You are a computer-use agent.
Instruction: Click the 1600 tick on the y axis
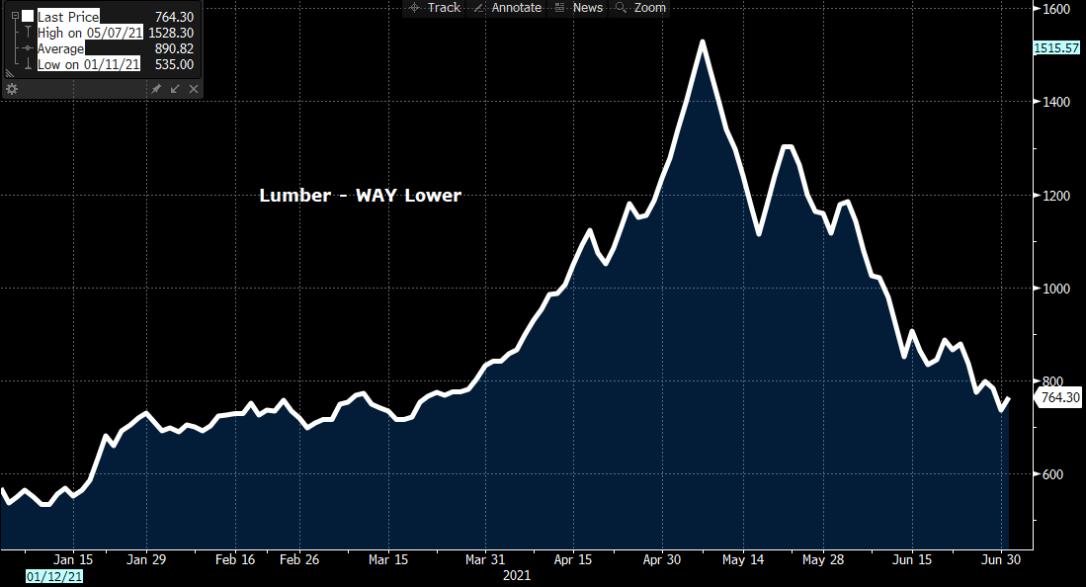(x=1057, y=9)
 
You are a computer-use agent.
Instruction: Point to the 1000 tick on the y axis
(x=1057, y=289)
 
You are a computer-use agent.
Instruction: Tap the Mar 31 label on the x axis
(x=485, y=558)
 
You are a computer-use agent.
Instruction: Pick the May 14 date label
(x=743, y=558)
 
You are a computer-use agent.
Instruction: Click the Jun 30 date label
(x=1001, y=558)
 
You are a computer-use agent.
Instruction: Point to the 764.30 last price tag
(x=1059, y=397)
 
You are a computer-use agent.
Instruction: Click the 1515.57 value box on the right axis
(x=1056, y=47)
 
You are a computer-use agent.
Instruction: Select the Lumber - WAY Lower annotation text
(x=360, y=196)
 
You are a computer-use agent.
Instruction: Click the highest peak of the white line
(x=702, y=42)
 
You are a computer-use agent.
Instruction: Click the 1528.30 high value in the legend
(x=171, y=33)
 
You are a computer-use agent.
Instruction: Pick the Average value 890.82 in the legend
(x=174, y=48)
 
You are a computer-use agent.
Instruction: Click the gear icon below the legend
(x=12, y=89)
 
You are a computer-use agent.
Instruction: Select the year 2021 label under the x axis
(x=518, y=574)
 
